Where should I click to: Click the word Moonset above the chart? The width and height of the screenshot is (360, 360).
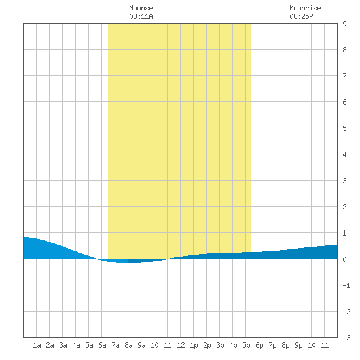pos(143,8)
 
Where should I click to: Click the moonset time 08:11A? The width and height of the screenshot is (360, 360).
pos(141,16)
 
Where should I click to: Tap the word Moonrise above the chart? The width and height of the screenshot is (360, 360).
pos(305,8)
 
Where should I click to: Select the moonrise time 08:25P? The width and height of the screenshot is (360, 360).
pos(301,16)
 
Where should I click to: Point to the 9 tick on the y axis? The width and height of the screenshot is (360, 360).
pos(344,24)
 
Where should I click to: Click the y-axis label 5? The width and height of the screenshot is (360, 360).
pos(344,128)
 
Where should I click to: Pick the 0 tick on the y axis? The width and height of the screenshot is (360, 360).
pos(344,259)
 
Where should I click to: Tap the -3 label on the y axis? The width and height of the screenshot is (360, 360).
pos(346,338)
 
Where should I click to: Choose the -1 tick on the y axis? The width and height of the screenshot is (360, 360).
pos(346,285)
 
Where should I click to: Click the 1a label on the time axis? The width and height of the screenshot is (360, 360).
pos(37,345)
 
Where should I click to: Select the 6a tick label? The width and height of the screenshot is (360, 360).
pos(102,345)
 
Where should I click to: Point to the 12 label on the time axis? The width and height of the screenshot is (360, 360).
pos(181,345)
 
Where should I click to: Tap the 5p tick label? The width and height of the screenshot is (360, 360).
pos(246,345)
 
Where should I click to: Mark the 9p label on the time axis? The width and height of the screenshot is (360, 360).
pos(298,345)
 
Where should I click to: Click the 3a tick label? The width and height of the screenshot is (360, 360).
pos(63,345)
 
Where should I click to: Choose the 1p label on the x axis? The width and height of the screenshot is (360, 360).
pos(194,345)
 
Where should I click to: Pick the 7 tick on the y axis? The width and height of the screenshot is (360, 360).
pos(344,76)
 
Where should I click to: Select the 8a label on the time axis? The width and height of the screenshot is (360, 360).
pos(128,345)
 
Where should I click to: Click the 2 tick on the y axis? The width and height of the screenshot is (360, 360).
pos(344,207)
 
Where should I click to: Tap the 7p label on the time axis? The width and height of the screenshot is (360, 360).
pos(272,345)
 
